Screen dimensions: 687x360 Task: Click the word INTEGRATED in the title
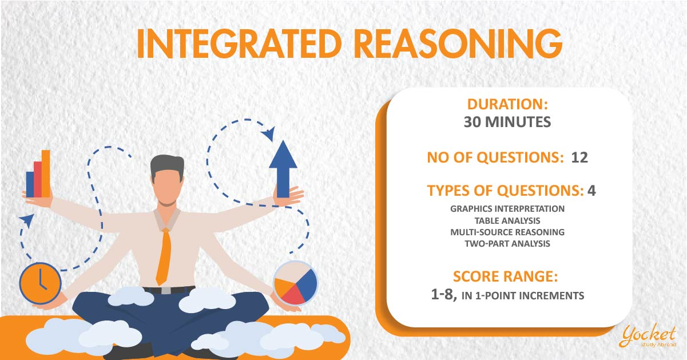[239, 44]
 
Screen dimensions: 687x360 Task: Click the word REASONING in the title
[458, 44]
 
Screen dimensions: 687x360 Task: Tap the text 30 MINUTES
[507, 122]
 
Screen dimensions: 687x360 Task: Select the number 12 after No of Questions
[579, 157]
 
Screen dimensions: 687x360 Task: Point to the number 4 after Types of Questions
[591, 191]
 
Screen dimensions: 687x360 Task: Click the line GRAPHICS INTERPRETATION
[507, 209]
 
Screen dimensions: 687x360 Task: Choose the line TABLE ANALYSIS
[507, 221]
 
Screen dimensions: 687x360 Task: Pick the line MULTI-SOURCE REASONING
[507, 232]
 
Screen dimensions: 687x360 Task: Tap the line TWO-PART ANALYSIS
[507, 244]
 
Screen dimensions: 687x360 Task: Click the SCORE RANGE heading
[505, 276]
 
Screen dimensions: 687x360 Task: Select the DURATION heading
[507, 104]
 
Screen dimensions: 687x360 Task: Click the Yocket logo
[648, 336]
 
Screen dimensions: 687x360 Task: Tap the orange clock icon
[40, 283]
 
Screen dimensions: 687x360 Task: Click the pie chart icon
[295, 283]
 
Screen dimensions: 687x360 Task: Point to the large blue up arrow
[283, 169]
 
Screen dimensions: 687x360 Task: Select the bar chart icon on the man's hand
[38, 174]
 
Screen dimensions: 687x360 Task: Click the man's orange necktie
[164, 256]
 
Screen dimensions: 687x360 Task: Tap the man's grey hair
[168, 166]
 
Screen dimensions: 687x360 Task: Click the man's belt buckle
[166, 290]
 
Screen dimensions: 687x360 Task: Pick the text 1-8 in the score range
[444, 295]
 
